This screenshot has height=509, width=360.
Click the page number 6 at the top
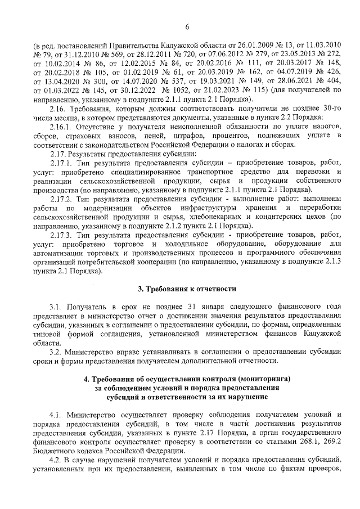(186, 26)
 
